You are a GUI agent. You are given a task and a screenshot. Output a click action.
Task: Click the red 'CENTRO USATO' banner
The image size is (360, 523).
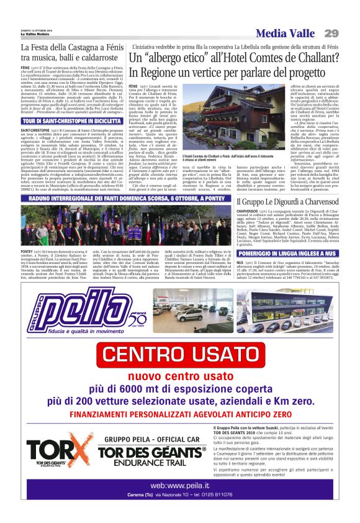[x=179, y=356]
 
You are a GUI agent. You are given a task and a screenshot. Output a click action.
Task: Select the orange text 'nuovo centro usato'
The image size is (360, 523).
[x=179, y=376]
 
